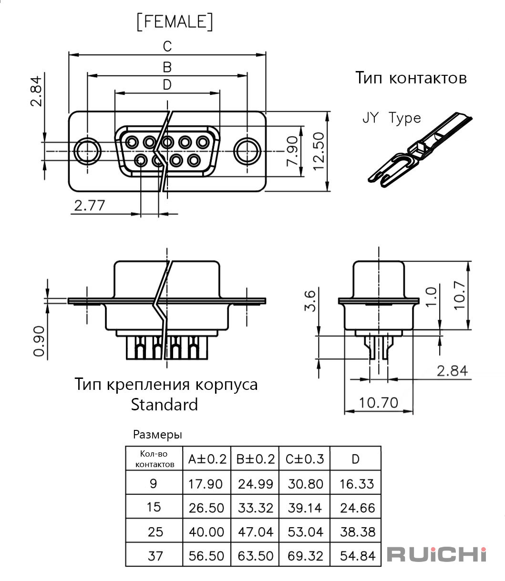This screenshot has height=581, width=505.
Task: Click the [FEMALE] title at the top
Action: click(175, 21)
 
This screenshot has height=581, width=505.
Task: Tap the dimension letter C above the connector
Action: click(167, 46)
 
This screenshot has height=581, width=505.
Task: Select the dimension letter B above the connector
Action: click(167, 67)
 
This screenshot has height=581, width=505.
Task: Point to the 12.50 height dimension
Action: click(319, 151)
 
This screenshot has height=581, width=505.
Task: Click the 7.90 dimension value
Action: click(292, 152)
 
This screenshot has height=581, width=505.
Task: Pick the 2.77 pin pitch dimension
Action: click(90, 205)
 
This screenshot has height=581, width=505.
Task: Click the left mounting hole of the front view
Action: click(87, 151)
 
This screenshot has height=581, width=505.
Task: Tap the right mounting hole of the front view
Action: click(247, 151)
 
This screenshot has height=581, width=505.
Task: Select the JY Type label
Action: click(392, 118)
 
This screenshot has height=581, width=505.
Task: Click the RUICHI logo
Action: click(436, 554)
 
